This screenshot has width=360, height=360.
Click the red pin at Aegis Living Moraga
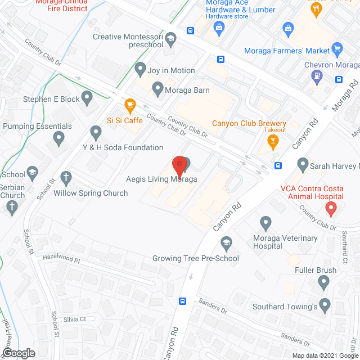tap(179, 166)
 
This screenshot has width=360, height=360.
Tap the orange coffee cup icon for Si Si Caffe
tap(130, 105)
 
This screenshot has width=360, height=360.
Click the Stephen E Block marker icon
tap(87, 99)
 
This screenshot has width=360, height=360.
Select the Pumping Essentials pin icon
tap(58, 137)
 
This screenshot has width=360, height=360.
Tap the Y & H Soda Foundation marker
tap(96, 133)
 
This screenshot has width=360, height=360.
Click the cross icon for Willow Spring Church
tap(66, 178)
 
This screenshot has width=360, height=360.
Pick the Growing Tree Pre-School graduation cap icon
tap(226, 244)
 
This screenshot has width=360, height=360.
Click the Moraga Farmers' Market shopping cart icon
tap(337, 49)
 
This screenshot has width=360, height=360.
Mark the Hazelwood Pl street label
tap(62, 260)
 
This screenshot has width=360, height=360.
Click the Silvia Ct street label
tap(74, 319)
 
